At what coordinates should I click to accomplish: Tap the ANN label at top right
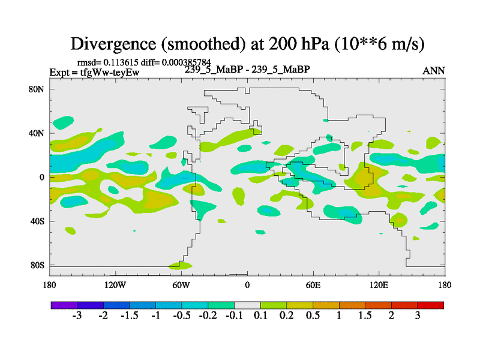coord(434,71)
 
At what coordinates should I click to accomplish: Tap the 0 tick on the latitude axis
coord(43,177)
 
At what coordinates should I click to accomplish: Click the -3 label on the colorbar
coord(77,316)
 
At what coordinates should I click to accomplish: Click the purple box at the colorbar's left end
coord(64,305)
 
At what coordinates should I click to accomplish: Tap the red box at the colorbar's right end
coord(431,305)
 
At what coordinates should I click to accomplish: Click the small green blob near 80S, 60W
coord(181,265)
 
